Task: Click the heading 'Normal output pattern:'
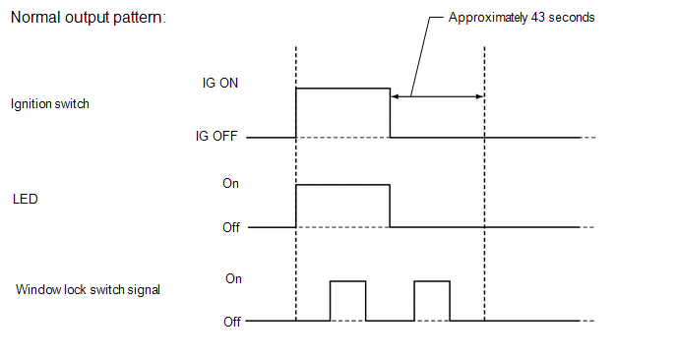click(87, 19)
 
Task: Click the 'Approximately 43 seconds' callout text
click(521, 18)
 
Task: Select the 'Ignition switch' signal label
click(49, 103)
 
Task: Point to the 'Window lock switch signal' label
click(88, 289)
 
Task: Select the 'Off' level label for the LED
click(230, 227)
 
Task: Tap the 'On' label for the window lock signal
click(233, 278)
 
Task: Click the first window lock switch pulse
click(348, 282)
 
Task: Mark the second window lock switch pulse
click(432, 282)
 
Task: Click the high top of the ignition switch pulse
click(342, 88)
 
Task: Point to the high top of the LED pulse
click(342, 183)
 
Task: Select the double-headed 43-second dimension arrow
click(438, 96)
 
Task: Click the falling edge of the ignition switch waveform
click(390, 112)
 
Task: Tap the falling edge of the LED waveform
click(390, 206)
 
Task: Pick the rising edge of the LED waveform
click(296, 206)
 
